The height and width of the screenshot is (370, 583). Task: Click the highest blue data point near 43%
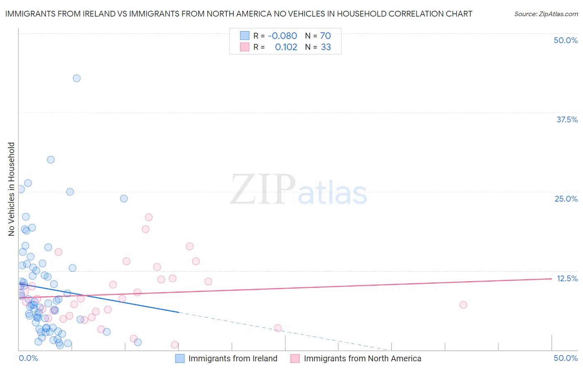(x=77, y=78)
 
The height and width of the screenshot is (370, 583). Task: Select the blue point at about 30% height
(x=51, y=160)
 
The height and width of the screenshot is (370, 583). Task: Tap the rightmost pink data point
(x=463, y=305)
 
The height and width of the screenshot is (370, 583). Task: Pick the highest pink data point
(x=148, y=217)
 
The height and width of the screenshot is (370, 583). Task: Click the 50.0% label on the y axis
(x=566, y=40)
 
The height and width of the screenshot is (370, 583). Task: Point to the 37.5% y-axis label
(x=567, y=119)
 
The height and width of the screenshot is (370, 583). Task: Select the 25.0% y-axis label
(x=566, y=199)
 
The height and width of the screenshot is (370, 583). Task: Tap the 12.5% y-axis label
(x=567, y=278)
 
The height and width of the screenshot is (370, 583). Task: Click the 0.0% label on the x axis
(x=28, y=358)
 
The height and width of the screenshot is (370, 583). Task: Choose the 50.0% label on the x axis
(x=566, y=358)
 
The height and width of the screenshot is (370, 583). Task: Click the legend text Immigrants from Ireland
(x=233, y=358)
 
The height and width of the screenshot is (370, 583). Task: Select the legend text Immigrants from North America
(x=362, y=358)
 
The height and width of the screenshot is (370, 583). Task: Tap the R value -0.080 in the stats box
(x=282, y=36)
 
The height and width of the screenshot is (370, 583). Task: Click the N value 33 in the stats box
(x=326, y=47)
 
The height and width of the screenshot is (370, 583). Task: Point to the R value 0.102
(x=286, y=47)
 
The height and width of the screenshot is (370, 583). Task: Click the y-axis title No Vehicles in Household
(x=12, y=189)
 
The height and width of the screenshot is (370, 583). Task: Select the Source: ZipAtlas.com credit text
(x=546, y=14)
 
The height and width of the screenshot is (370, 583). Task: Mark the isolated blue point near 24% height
(x=124, y=199)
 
